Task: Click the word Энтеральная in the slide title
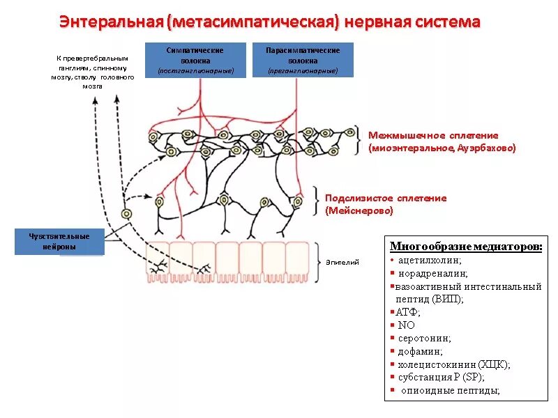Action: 111,22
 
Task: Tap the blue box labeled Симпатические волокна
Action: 195,59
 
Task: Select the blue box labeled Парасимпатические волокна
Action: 303,59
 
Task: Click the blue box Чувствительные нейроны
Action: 59,241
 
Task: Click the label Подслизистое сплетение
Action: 386,198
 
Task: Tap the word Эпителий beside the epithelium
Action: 342,263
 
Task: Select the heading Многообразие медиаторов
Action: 466,247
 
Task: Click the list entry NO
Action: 406,325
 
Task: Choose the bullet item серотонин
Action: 424,338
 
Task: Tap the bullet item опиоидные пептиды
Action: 450,391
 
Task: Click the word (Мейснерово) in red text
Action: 359,210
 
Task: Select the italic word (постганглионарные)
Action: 195,71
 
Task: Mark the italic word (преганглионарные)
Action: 303,71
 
